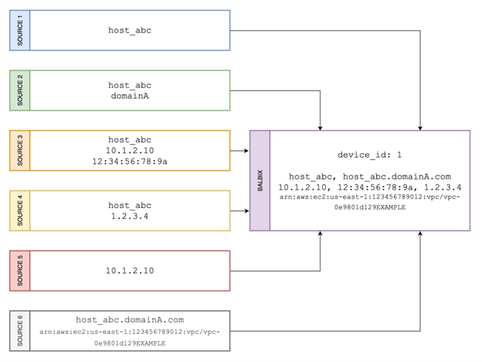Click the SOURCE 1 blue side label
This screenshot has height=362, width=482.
[20, 30]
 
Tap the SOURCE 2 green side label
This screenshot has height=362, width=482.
[20, 90]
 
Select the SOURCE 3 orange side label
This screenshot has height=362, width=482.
[20, 151]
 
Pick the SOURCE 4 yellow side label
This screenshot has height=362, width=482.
[20, 210]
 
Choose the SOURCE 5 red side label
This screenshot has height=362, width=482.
[20, 271]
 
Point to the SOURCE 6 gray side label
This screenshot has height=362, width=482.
[20, 330]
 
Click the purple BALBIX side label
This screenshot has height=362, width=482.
[260, 181]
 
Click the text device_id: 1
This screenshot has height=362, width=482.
[369, 154]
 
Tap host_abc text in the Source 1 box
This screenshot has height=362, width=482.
[130, 30]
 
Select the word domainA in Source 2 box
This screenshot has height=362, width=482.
[130, 97]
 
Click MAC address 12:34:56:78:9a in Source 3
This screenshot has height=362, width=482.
[130, 162]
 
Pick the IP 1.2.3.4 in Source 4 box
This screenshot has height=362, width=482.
[130, 217]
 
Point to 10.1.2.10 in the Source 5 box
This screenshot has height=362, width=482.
[130, 271]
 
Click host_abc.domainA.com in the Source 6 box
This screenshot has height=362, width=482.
[130, 319]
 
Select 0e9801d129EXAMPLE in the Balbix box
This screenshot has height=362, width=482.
[369, 207]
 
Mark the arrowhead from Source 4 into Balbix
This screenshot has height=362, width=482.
[246, 209]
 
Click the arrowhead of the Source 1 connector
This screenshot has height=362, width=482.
[419, 128]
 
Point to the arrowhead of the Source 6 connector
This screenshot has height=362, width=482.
[419, 234]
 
